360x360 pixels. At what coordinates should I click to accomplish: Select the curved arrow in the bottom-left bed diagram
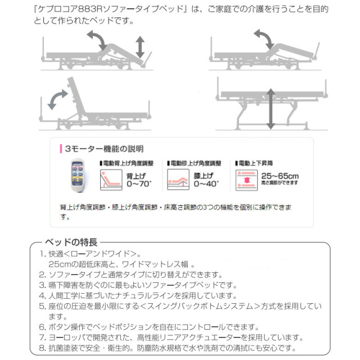coord(58,100)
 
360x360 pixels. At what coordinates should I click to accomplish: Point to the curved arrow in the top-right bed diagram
coord(263,39)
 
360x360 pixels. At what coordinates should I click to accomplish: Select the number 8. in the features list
coord(42,348)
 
